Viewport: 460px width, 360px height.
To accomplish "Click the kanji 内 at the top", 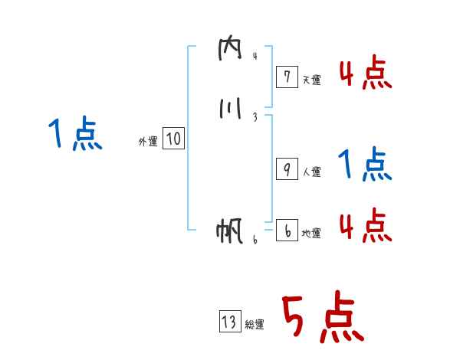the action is [x=229, y=50].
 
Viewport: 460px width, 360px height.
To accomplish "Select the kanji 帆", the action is [x=229, y=231].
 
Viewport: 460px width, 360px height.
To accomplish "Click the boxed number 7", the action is [x=286, y=77].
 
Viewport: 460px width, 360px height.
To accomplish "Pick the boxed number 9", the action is [x=286, y=170].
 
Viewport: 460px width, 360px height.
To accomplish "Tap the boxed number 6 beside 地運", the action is [x=286, y=231].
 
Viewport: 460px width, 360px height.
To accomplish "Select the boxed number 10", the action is [x=173, y=139].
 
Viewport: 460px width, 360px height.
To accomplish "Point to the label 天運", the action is [x=311, y=79].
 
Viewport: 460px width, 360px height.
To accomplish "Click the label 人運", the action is [x=311, y=172].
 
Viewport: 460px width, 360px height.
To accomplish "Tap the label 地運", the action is [x=311, y=233].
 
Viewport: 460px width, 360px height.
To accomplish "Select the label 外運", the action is [x=147, y=141].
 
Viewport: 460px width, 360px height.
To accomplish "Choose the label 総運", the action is [x=255, y=325].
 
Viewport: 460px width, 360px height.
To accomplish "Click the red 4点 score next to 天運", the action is [x=365, y=74].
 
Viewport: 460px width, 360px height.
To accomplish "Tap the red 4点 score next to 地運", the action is [x=365, y=225].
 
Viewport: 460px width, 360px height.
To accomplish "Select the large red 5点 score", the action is [x=320, y=319].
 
